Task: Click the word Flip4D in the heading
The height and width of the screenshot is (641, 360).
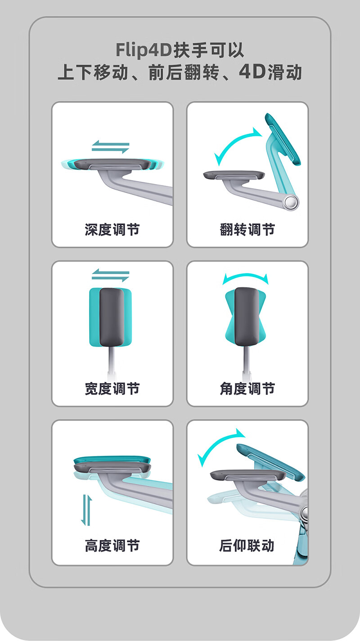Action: coord(144,50)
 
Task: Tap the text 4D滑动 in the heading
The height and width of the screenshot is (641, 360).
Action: coord(270,72)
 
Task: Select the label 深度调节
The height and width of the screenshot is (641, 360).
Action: coord(112,230)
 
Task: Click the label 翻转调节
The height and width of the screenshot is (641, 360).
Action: coord(247,230)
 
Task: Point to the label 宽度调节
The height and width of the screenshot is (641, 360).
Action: coord(112,388)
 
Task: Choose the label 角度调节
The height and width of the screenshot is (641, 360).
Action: coord(247,388)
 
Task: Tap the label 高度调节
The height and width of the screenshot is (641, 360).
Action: coord(112,546)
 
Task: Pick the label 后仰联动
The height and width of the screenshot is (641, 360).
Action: coord(247,546)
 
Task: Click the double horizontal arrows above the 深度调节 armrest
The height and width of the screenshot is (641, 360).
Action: coord(110,147)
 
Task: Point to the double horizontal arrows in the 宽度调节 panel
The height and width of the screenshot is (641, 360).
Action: coord(110,275)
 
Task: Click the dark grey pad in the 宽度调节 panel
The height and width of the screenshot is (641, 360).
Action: coord(112,317)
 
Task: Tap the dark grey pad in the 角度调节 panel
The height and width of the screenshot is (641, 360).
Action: coord(247,316)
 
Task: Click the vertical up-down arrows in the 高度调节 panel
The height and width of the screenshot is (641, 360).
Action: coord(86,510)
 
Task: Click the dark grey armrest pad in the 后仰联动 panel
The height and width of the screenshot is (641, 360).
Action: coord(248,475)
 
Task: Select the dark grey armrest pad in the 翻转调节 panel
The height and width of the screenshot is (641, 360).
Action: coord(234,175)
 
